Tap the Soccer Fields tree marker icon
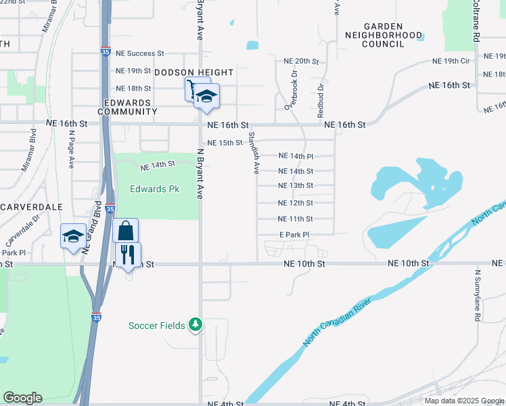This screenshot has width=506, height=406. click(195, 325)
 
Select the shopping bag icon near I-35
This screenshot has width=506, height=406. click(126, 231)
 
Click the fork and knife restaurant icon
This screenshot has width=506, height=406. click(128, 255)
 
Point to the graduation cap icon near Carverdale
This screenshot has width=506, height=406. click(73, 236)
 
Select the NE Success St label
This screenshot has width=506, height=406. click(140, 53)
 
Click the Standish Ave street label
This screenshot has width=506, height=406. click(253, 153)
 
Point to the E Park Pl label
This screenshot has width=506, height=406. click(294, 235)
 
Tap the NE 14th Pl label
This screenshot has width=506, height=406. click(296, 156)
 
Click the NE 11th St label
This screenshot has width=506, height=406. click(296, 219)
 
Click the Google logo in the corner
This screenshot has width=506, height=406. click(22, 398)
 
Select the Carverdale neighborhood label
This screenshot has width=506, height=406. click(32, 206)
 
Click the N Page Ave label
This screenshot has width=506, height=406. click(71, 149)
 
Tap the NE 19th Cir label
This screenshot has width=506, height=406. click(451, 61)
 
